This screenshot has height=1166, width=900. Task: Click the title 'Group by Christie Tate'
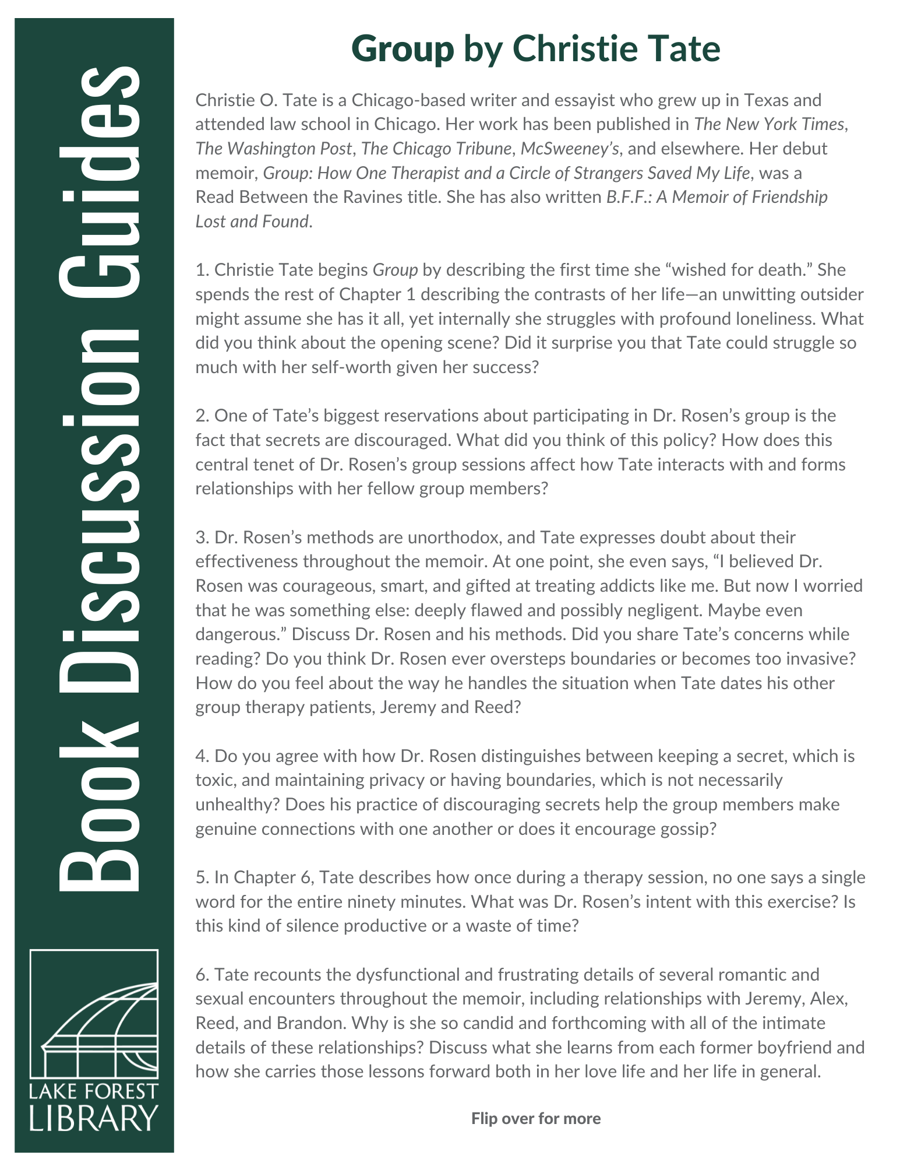coord(535,49)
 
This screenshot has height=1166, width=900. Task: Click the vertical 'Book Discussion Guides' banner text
coord(99,478)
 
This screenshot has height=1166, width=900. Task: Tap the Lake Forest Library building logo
coord(94,1015)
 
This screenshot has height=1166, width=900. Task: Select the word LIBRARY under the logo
coord(94,1118)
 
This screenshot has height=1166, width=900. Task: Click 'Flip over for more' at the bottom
coord(535,1118)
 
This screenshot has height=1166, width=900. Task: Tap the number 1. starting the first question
coord(202,270)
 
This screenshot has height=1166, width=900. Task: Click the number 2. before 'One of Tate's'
coord(202,416)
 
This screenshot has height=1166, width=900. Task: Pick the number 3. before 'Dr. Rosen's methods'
coord(202,537)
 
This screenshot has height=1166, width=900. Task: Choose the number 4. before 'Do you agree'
coord(202,756)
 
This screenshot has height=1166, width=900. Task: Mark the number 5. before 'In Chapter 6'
coord(202,877)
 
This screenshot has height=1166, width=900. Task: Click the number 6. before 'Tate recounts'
coord(202,974)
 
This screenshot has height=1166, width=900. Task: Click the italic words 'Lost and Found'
coord(252,222)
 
